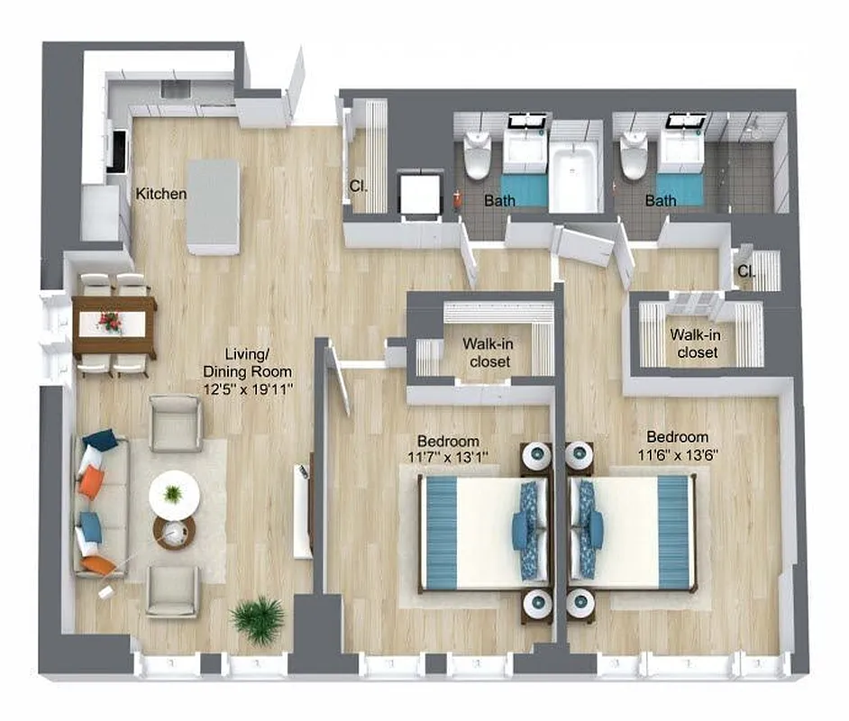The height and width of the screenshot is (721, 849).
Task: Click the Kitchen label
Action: pyautogui.click(x=161, y=194)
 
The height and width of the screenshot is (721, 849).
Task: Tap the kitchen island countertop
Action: pyautogui.click(x=213, y=206)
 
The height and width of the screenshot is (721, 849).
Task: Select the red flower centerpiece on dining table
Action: pyautogui.click(x=111, y=321)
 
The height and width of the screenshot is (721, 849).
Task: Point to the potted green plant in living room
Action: pyautogui.click(x=257, y=618)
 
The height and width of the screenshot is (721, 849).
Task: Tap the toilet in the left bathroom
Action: pyautogui.click(x=476, y=155)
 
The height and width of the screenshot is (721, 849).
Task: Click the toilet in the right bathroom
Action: pyautogui.click(x=634, y=155)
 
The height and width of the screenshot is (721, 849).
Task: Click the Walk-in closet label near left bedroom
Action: pyautogui.click(x=487, y=352)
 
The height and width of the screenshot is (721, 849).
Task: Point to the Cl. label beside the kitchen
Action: pyautogui.click(x=357, y=187)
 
